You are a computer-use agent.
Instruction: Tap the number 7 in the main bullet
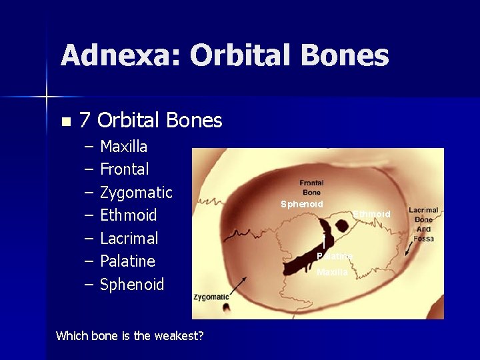85,121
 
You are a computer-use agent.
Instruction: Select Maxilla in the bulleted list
123,146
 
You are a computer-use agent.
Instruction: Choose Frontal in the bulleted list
124,169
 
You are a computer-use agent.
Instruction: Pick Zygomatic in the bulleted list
136,193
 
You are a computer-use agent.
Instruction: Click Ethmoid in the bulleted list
128,215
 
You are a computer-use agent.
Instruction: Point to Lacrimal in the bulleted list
129,239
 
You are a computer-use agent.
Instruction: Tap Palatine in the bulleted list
127,261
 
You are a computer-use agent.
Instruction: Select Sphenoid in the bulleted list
132,285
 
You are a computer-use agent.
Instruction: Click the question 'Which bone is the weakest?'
130,336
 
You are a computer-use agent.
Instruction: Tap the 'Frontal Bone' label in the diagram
311,187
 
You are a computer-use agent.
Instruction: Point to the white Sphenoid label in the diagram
301,204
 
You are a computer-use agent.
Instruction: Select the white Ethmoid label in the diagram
371,214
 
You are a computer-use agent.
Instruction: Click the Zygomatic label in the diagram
211,297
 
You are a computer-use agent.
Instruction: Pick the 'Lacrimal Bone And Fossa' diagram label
423,224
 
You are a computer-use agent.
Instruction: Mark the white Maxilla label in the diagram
331,272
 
